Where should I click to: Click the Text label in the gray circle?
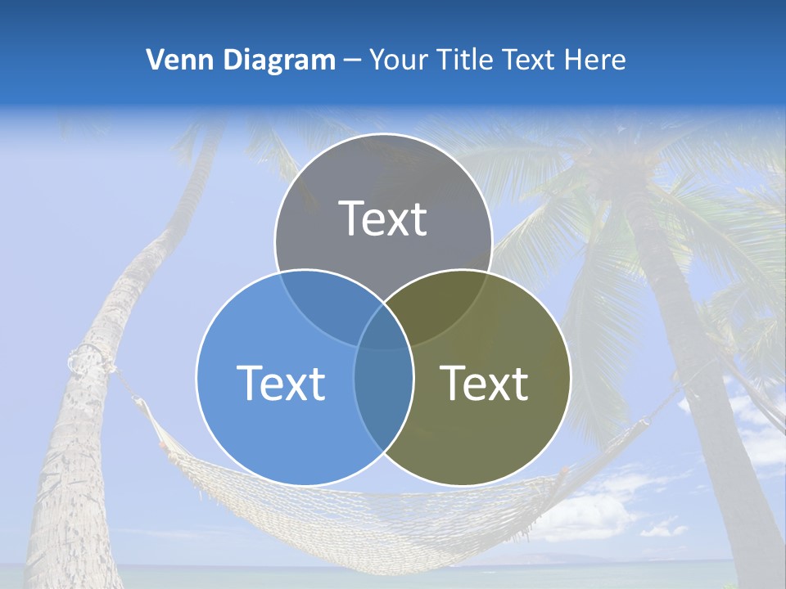click(x=383, y=218)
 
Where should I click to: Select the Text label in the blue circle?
click(x=281, y=383)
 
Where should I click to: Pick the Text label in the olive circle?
click(x=485, y=383)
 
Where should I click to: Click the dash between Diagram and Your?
click(x=351, y=61)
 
